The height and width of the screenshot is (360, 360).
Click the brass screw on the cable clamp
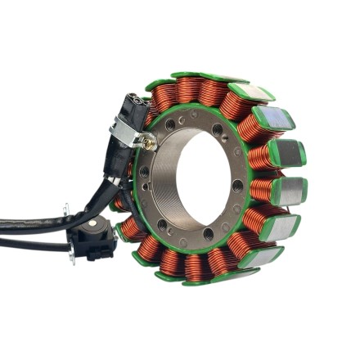(x=149, y=142)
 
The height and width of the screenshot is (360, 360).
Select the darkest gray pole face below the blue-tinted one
(x=290, y=190)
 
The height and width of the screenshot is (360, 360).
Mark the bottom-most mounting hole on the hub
(x=209, y=234)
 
